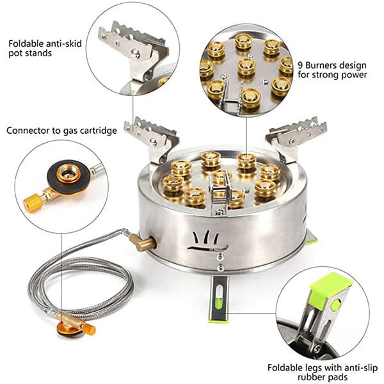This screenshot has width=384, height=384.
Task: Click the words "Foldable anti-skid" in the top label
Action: [x=45, y=44]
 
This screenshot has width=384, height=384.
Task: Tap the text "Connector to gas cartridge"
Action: [x=61, y=131]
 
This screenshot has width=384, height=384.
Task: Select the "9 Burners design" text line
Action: [x=332, y=65]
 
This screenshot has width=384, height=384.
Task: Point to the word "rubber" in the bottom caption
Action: [x=313, y=377]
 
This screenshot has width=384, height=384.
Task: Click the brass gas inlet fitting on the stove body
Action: [x=143, y=243]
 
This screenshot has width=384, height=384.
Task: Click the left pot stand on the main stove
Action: [x=152, y=138]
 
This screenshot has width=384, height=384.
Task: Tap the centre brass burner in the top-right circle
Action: [x=246, y=67]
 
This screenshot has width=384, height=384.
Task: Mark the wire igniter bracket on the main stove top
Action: [x=220, y=193]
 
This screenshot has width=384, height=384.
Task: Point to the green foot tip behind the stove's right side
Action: [x=312, y=241]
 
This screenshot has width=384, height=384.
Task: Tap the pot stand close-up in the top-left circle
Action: [x=134, y=52]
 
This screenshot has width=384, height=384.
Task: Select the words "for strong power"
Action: [x=333, y=75]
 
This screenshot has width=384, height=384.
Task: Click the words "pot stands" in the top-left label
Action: [x=30, y=53]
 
